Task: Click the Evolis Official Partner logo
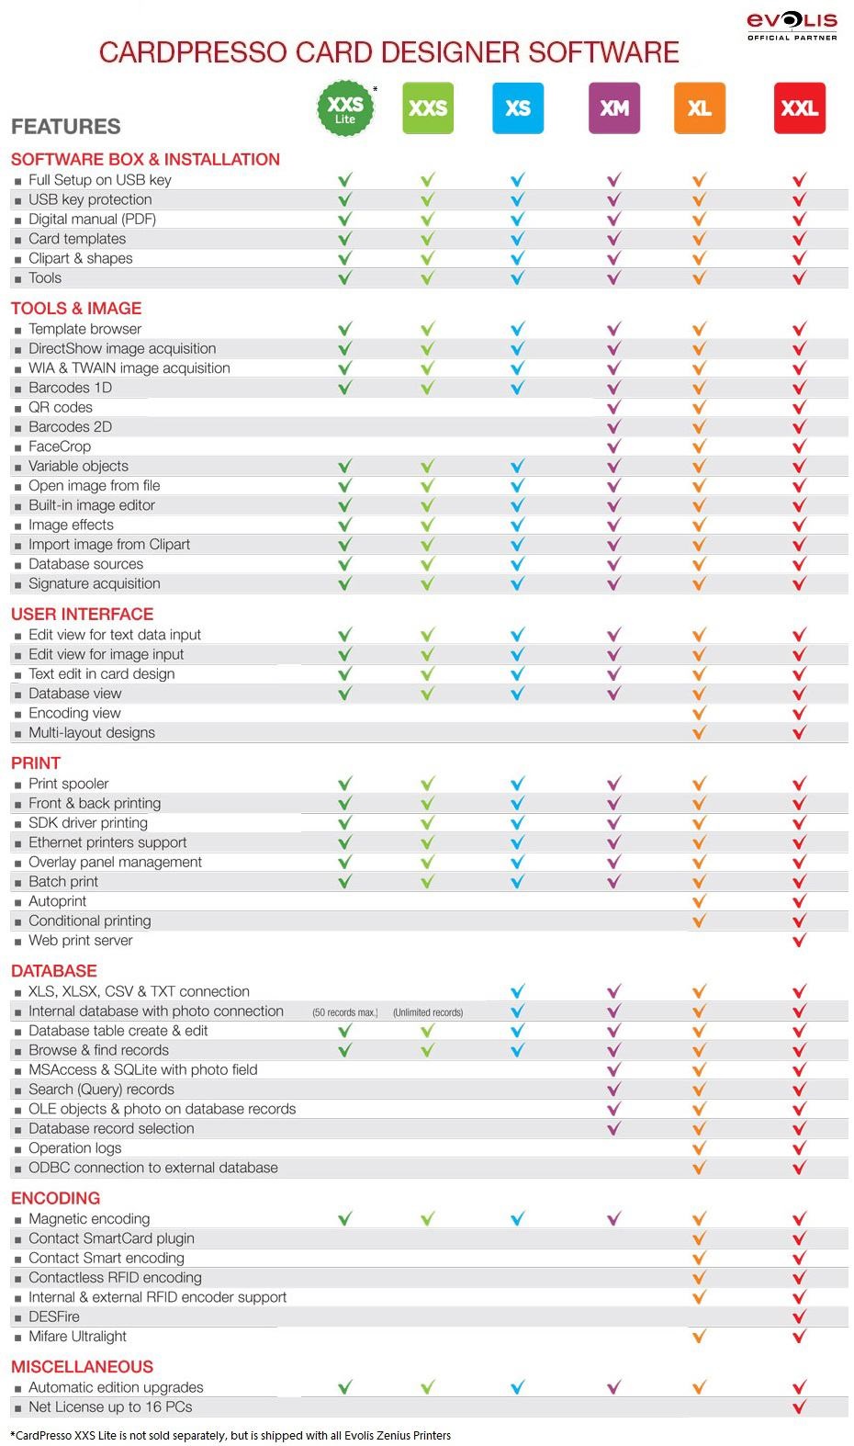pyautogui.click(x=792, y=26)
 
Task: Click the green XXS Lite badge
pyautogui.click(x=345, y=108)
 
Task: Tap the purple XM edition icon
pyautogui.click(x=613, y=108)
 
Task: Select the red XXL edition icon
pyautogui.click(x=799, y=108)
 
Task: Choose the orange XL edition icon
pyautogui.click(x=699, y=108)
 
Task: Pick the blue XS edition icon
pyautogui.click(x=518, y=108)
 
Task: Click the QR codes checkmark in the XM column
pyautogui.click(x=613, y=407)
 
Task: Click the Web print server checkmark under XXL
pyautogui.click(x=799, y=941)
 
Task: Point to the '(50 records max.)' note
pyautogui.click(x=345, y=1012)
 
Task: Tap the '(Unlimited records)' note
pyautogui.click(x=428, y=1012)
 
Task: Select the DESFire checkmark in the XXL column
pyautogui.click(x=799, y=1316)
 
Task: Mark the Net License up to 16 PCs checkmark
pyautogui.click(x=799, y=1406)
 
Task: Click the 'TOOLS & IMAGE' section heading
pyautogui.click(x=76, y=309)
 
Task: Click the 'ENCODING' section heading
pyautogui.click(x=55, y=1198)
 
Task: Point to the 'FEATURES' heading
pyautogui.click(x=66, y=127)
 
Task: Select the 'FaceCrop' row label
pyautogui.click(x=60, y=446)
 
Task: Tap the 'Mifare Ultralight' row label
pyautogui.click(x=77, y=1337)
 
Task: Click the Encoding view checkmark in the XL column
pyautogui.click(x=699, y=713)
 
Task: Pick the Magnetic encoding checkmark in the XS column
pyautogui.click(x=518, y=1219)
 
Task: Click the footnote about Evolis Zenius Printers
pyautogui.click(x=230, y=1435)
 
